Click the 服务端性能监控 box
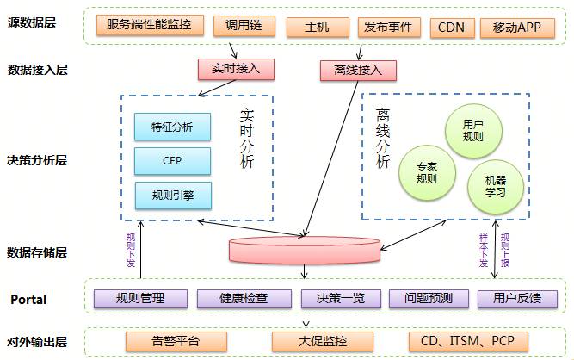click(x=149, y=27)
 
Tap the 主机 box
click(x=316, y=27)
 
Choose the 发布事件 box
click(x=388, y=27)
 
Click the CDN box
click(x=450, y=27)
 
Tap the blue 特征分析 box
click(x=172, y=128)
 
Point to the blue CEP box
click(x=172, y=161)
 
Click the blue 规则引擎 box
click(x=172, y=196)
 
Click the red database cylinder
click(x=304, y=251)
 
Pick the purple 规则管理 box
click(x=140, y=299)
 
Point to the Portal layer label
click(x=28, y=300)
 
